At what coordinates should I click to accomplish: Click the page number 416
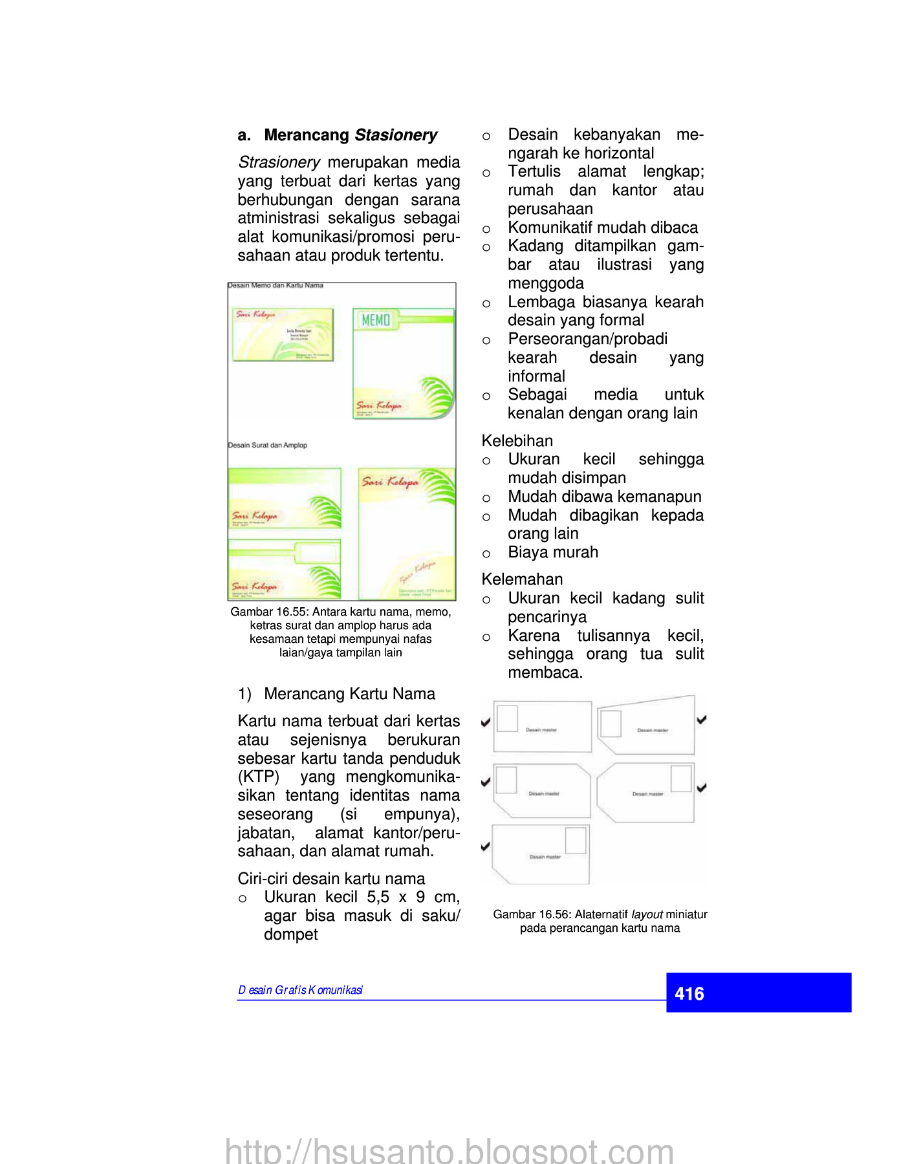point(689,993)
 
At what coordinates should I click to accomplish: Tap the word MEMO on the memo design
point(376,320)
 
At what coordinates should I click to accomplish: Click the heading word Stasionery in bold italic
point(396,135)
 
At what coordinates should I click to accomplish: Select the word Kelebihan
point(517,441)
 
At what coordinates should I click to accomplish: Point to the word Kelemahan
point(522,579)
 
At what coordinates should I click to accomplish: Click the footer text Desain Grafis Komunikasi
point(300,990)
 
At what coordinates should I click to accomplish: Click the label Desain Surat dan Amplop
point(268,446)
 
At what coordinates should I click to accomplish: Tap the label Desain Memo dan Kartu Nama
point(276,285)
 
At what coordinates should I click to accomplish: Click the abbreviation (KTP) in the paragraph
point(259,777)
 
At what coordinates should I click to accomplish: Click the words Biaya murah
point(553,552)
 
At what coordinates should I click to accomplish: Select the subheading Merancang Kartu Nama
point(349,694)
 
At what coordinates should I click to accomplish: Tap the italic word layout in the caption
point(647,914)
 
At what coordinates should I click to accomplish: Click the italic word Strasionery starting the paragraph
point(279,162)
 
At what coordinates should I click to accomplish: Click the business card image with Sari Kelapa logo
point(283,334)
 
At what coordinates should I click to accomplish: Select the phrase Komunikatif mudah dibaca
point(603,228)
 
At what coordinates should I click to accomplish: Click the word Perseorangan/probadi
point(587,339)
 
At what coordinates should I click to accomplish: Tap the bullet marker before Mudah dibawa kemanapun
point(486,498)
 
